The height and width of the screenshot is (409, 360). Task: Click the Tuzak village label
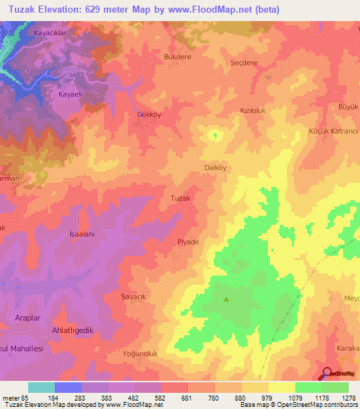click(181, 198)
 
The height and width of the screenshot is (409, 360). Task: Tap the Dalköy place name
click(215, 168)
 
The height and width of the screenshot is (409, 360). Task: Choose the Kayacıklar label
click(49, 33)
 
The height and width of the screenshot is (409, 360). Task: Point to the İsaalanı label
click(82, 233)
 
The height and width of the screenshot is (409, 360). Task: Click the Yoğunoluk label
click(143, 353)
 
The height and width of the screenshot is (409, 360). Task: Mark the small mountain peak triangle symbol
click(226, 299)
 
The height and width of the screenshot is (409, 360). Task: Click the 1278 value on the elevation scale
click(348, 398)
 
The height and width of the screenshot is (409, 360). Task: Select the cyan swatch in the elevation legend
click(41, 387)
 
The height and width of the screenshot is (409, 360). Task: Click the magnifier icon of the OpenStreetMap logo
click(327, 374)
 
